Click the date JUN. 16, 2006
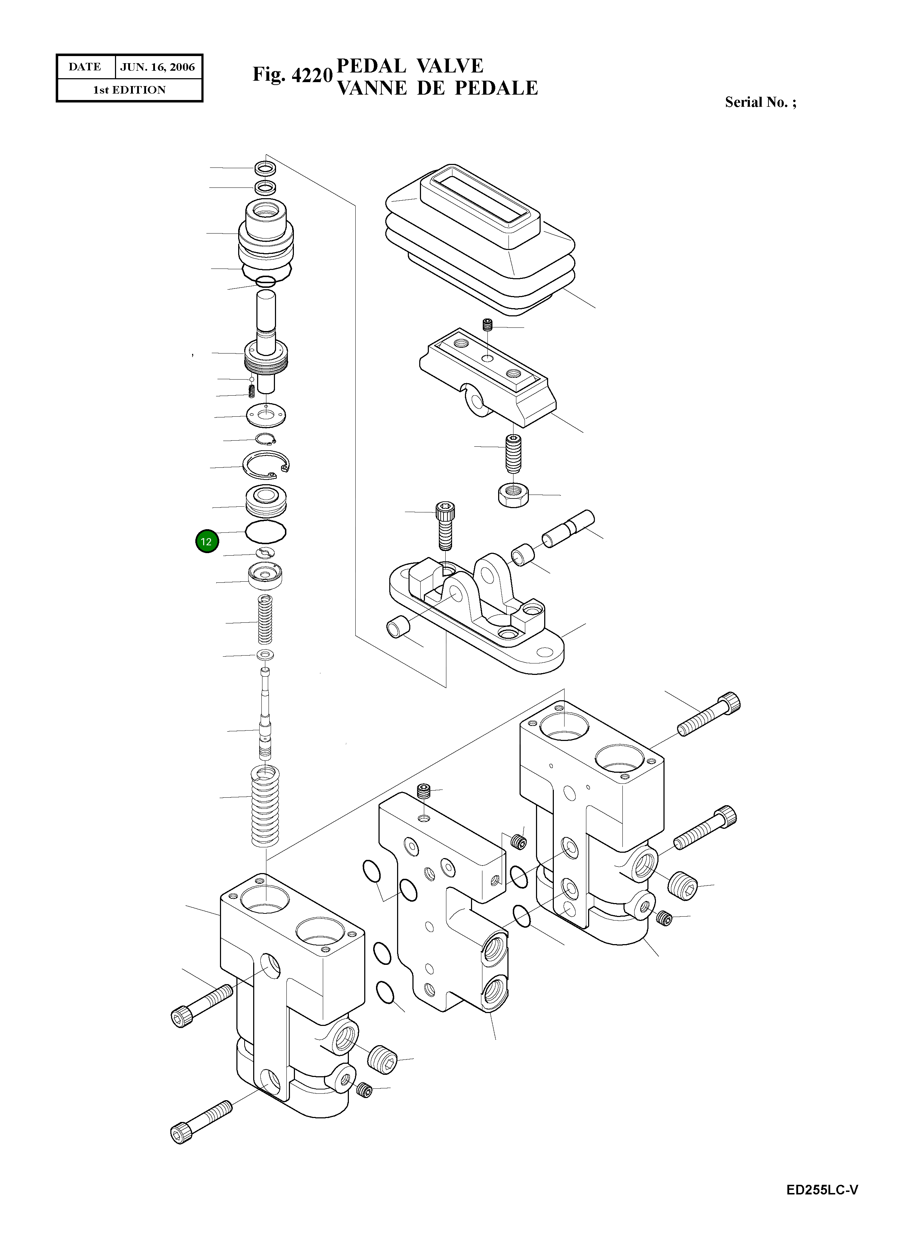157,67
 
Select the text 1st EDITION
129,90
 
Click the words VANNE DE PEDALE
437,88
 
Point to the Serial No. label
760,102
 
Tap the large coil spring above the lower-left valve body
266,807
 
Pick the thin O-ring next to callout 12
266,532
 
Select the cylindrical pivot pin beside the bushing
567,529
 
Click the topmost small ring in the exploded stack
266,167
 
